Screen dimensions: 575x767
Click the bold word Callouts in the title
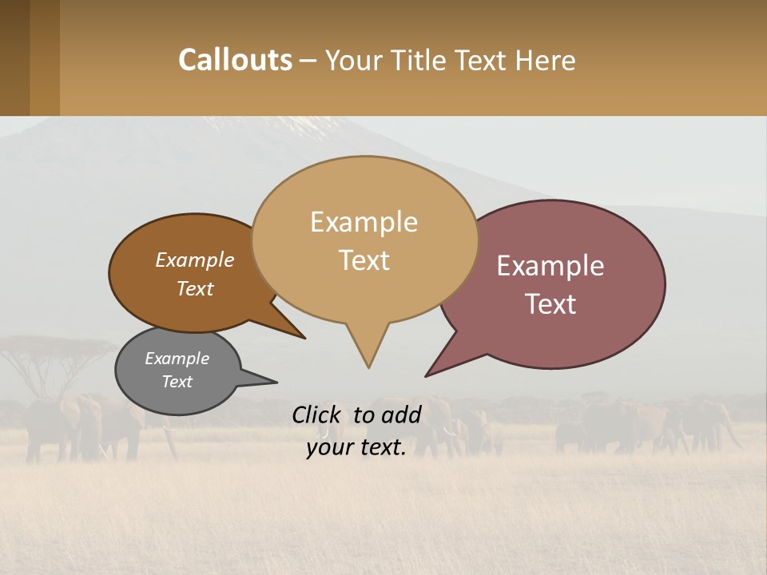click(235, 60)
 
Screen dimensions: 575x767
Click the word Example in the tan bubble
click(364, 222)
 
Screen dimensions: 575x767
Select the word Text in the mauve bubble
click(550, 304)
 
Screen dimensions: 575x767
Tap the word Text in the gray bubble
click(177, 382)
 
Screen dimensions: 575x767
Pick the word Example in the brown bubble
click(194, 260)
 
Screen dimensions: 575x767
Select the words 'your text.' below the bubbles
click(356, 448)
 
